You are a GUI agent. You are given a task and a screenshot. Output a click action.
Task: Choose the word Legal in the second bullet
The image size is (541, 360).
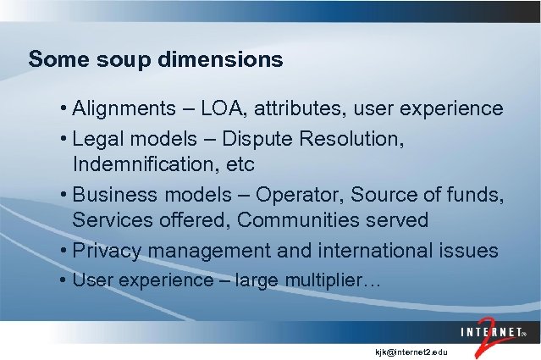click(x=97, y=138)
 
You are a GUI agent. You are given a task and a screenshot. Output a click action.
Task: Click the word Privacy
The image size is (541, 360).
click(x=105, y=252)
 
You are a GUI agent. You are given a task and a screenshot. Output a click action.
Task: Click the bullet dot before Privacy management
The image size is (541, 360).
click(x=64, y=252)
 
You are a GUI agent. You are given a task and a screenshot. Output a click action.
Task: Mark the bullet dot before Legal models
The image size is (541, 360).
click(x=64, y=138)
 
